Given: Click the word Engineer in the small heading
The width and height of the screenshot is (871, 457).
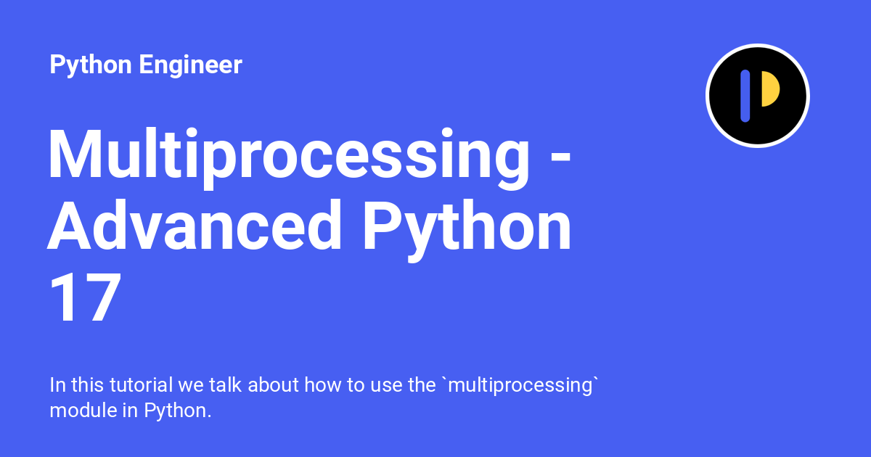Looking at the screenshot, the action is (x=190, y=65).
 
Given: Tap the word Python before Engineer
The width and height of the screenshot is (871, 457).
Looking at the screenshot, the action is (x=91, y=65).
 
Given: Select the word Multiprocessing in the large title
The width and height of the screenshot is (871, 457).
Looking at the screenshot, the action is (x=288, y=158).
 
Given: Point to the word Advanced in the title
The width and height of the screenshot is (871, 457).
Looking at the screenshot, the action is (x=194, y=225).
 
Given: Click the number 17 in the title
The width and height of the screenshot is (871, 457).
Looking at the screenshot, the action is (x=85, y=297).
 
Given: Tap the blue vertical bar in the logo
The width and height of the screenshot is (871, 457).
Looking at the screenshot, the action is (x=745, y=96).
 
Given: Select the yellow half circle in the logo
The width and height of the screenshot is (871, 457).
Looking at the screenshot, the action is (x=771, y=89).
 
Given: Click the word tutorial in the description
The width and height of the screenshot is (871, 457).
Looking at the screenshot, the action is (x=141, y=385).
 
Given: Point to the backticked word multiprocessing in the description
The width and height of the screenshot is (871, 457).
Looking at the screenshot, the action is (x=521, y=386).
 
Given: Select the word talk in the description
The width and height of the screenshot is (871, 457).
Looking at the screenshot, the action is (x=225, y=385).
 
